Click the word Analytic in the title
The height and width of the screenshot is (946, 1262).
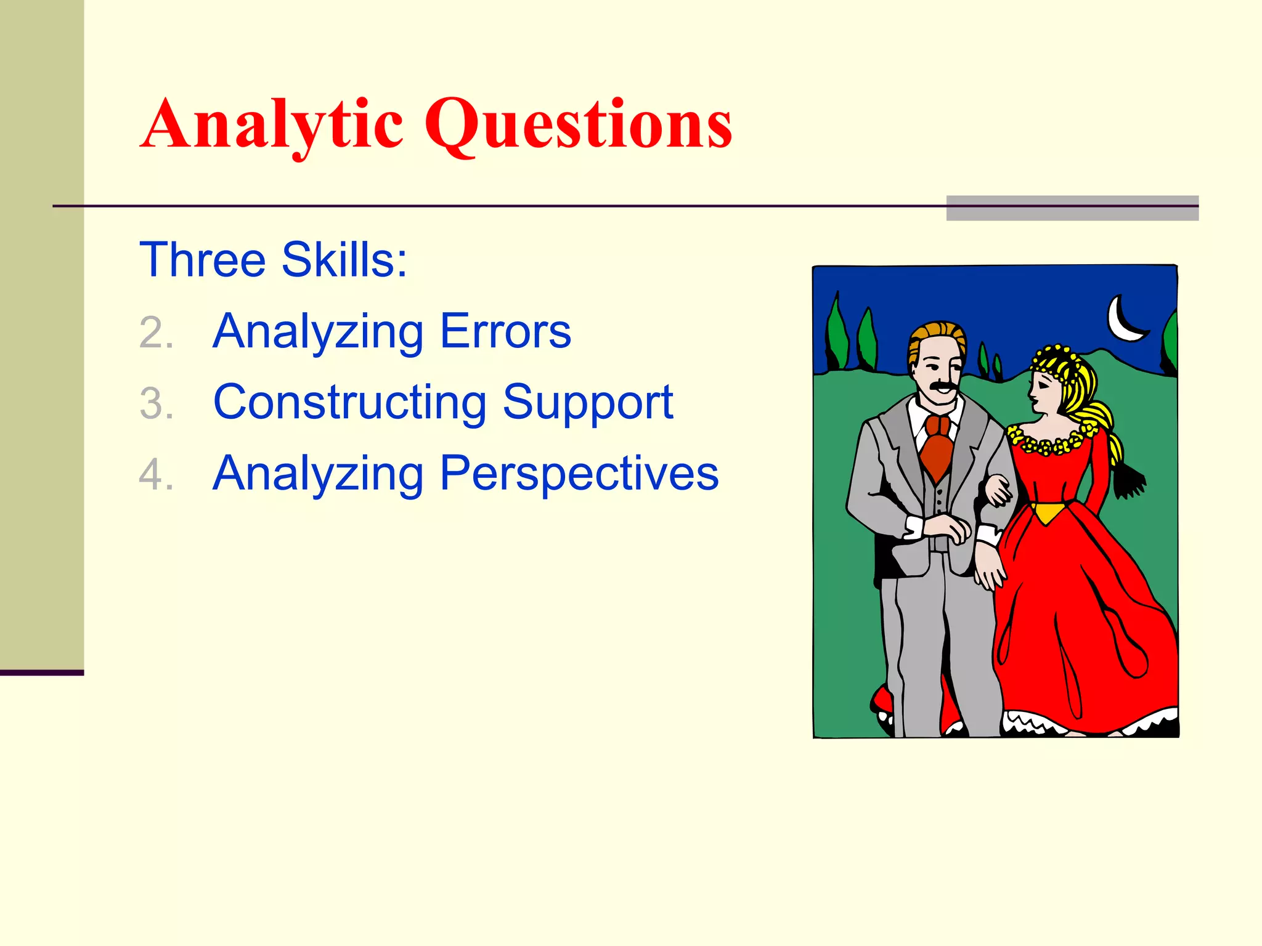click(x=271, y=125)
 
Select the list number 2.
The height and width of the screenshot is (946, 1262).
click(x=156, y=333)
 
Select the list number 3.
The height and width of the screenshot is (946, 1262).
click(x=156, y=405)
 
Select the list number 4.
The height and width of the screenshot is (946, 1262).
click(x=156, y=475)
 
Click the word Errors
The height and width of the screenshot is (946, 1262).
click(x=505, y=331)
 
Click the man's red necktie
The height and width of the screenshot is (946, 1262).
click(x=937, y=447)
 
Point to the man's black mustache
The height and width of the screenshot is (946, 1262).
click(x=942, y=387)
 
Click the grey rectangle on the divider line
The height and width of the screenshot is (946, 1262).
click(x=1072, y=208)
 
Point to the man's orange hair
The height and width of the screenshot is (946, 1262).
click(x=937, y=336)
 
